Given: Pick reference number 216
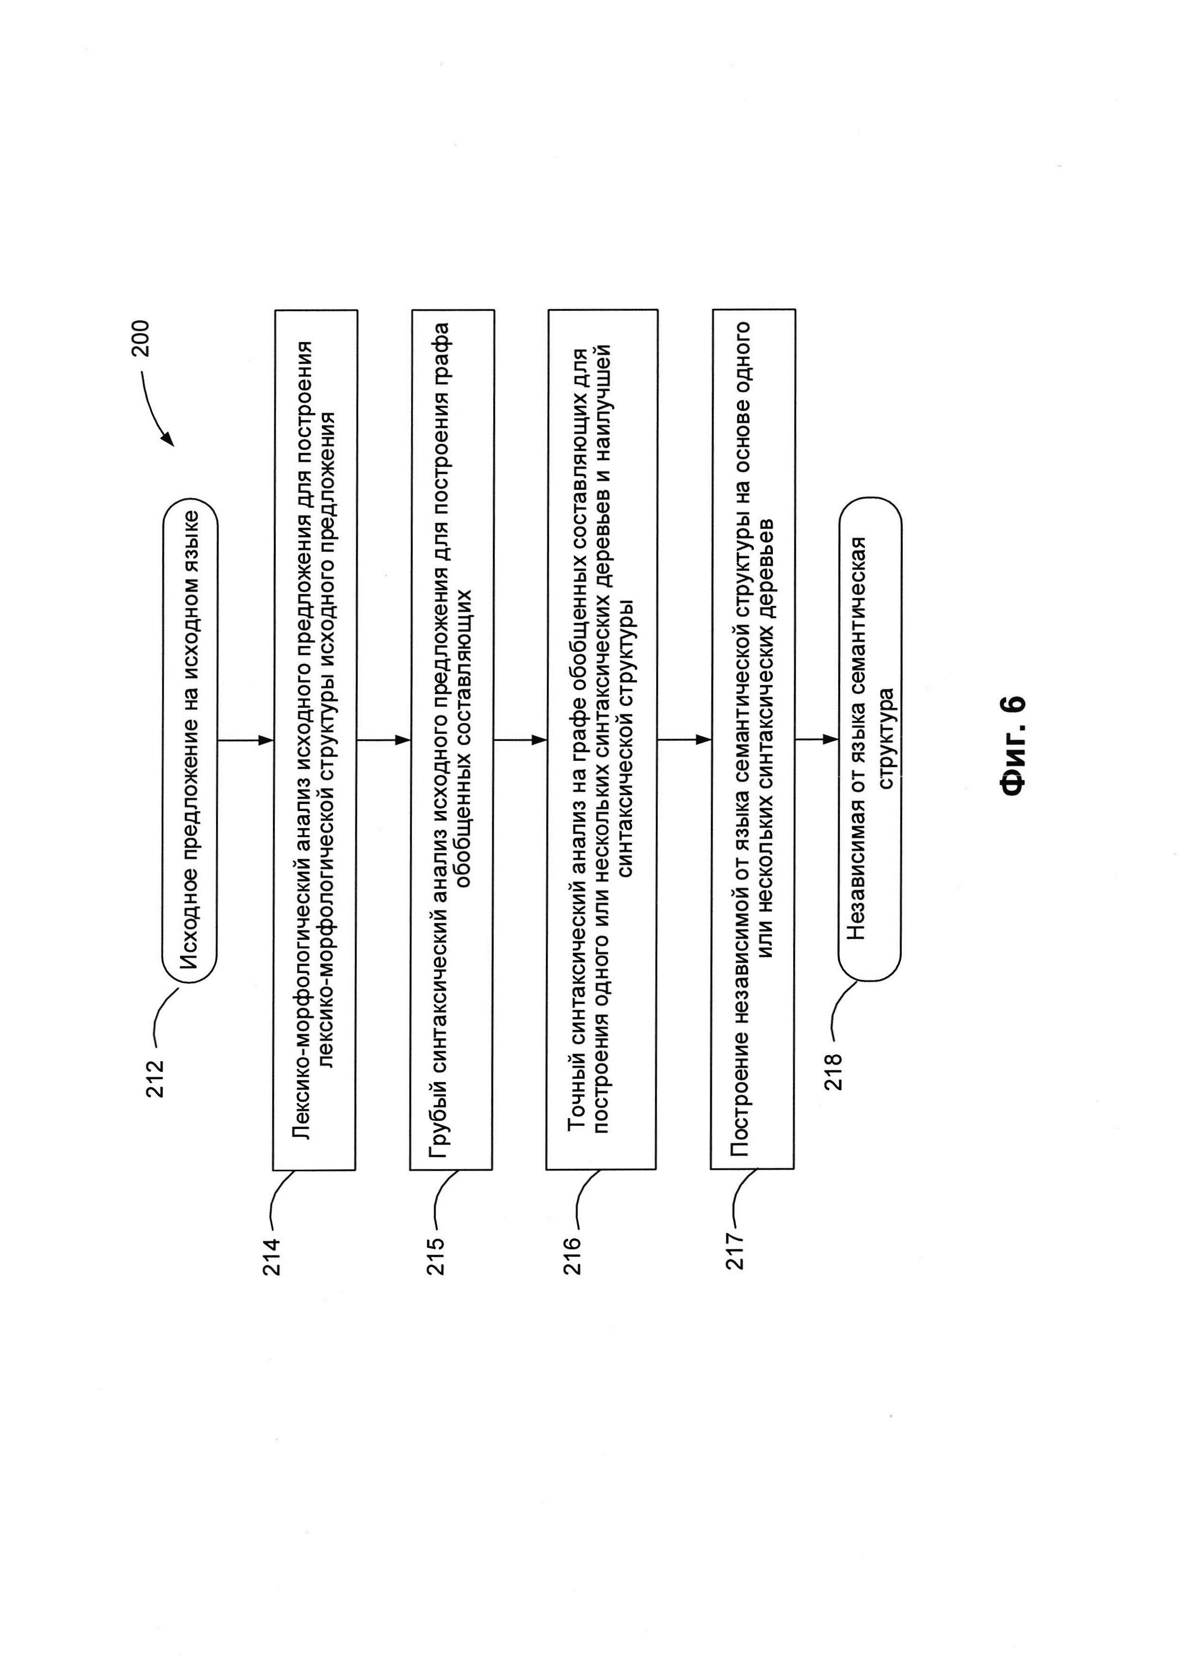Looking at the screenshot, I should coord(572,1255).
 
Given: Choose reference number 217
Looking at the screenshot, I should coord(735,1251).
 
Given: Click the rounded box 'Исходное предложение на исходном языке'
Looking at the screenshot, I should coord(190,740).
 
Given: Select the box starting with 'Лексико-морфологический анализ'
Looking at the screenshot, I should coord(315,740).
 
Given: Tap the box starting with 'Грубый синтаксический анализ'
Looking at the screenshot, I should coord(452,740).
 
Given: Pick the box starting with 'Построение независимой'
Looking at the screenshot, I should coord(753,740).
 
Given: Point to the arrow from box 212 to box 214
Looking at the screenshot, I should coord(245,740).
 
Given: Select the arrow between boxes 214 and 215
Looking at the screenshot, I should coord(383,740).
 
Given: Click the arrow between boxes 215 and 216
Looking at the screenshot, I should coord(520,740).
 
